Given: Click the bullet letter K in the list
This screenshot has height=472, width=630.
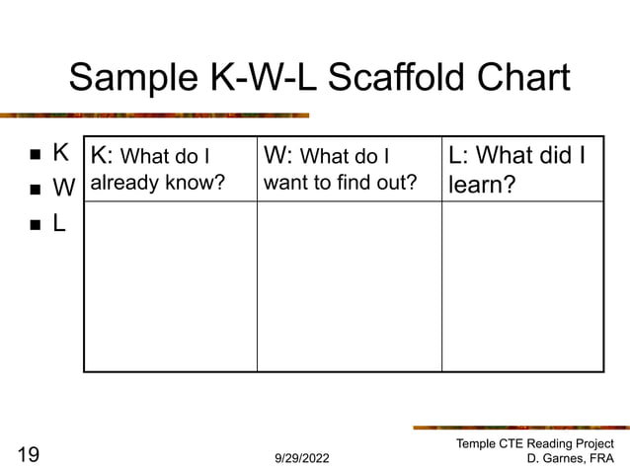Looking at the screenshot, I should click(x=60, y=153).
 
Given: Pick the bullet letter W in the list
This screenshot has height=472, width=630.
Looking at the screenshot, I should click(x=63, y=188).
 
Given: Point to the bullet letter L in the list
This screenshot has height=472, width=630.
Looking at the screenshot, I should click(x=59, y=223).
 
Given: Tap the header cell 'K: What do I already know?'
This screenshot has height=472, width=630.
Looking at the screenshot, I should click(x=170, y=169).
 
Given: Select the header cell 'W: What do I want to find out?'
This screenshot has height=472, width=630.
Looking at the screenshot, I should click(x=349, y=169).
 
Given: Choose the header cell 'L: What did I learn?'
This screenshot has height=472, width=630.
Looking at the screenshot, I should click(x=521, y=169).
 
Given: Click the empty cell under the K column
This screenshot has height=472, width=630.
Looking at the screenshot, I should click(x=170, y=286).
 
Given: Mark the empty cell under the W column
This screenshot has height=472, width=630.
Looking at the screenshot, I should click(x=349, y=286).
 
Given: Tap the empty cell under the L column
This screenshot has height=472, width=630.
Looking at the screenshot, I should click(x=521, y=286).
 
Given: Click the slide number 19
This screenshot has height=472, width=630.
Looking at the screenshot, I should click(x=28, y=454).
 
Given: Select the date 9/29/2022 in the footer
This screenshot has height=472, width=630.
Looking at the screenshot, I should click(x=302, y=459).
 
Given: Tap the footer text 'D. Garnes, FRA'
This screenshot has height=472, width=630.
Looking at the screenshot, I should click(x=571, y=460).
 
